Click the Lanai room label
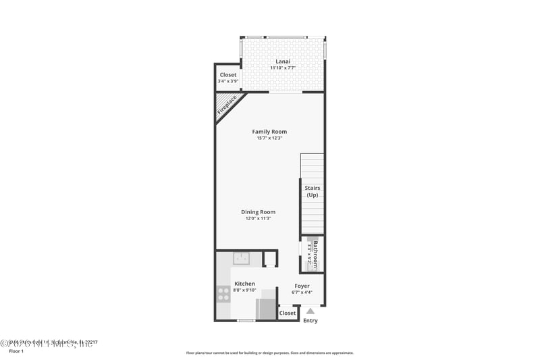click(x=283, y=61)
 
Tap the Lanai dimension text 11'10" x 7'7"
click(x=283, y=68)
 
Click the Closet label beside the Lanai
click(x=228, y=75)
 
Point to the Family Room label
click(x=269, y=132)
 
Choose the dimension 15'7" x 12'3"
click(x=269, y=138)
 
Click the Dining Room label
click(x=259, y=212)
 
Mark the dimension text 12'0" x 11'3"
click(x=259, y=219)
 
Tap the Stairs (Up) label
click(x=312, y=191)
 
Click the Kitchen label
click(x=244, y=284)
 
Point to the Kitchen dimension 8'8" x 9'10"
click(x=244, y=290)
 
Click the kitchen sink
click(x=241, y=258)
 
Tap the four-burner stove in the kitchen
click(x=223, y=294)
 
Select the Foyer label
click(x=302, y=286)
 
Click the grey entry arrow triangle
click(x=310, y=311)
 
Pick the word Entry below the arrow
click(x=310, y=321)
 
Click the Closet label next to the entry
click(x=288, y=313)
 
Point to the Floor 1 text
click(x=16, y=351)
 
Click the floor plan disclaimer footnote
click(x=269, y=353)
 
